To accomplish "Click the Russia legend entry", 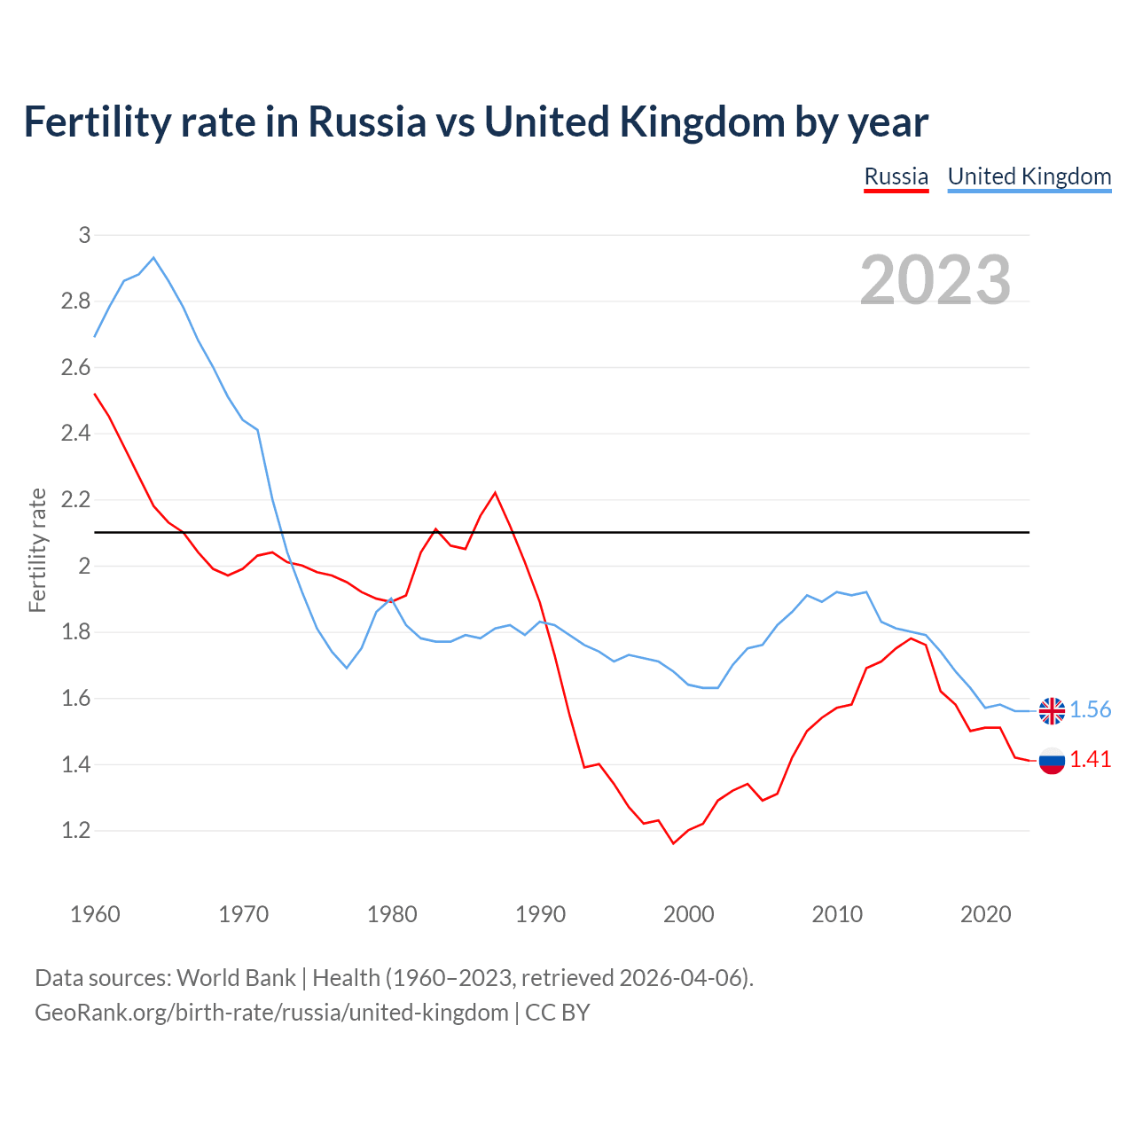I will pos(896,176).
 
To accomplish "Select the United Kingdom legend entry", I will pos(1029,176).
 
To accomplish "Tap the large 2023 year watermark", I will pos(935,280).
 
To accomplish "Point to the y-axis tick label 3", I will pos(84,235).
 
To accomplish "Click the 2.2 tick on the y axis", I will pos(76,500).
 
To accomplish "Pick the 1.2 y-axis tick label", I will pos(76,831).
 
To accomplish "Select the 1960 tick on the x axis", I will pos(95,914).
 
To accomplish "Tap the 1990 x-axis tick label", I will pos(540,914).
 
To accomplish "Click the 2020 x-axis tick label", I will pos(985,914).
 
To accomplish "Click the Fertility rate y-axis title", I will pos(37,550).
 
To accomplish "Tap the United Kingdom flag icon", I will pos(1052,710).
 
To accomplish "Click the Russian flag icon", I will pos(1052,760).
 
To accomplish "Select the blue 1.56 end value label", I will pos(1090,709).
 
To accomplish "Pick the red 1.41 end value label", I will pos(1090,760).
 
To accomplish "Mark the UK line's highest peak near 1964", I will pos(153,258).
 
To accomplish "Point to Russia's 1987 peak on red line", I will pos(495,493).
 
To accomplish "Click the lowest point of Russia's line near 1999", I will pos(673,843).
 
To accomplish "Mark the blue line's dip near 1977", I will pos(347,668).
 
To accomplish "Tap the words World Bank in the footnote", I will pos(236,978).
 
